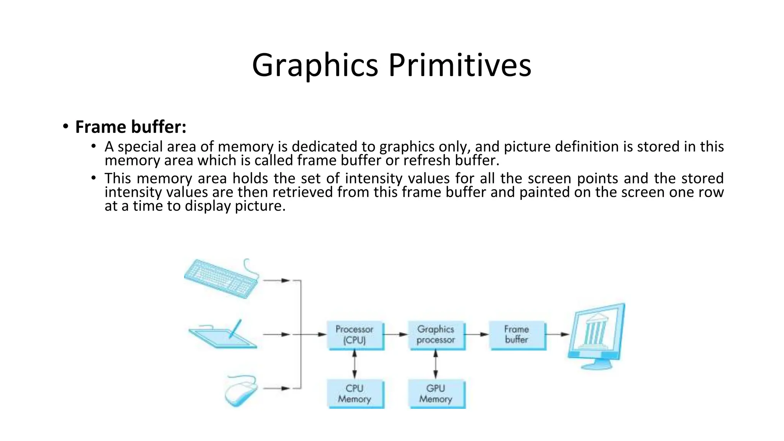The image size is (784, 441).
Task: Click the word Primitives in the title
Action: [460, 65]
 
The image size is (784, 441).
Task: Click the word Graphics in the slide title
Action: [315, 65]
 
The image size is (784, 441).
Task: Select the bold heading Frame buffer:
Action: [131, 127]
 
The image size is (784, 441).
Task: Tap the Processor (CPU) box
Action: [355, 335]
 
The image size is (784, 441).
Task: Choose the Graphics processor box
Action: [436, 335]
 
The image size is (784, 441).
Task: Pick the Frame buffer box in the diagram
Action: [517, 335]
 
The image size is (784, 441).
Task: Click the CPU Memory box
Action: [355, 394]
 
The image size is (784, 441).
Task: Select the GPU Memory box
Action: [436, 394]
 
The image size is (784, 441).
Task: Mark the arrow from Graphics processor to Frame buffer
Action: [477, 335]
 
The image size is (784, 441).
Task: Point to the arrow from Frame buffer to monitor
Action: [557, 335]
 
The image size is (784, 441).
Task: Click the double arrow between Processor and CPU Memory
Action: [355, 364]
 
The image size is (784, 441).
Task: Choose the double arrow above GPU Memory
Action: [436, 364]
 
